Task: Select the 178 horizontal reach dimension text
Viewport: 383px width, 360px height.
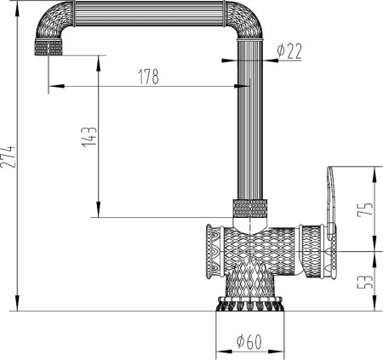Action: [x=148, y=77]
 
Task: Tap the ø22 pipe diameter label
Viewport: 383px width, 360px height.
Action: [x=289, y=51]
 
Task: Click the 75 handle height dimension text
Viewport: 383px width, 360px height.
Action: [x=365, y=209]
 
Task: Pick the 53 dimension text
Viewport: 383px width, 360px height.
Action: [x=365, y=282]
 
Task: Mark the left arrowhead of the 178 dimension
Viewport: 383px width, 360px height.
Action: [x=53, y=86]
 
